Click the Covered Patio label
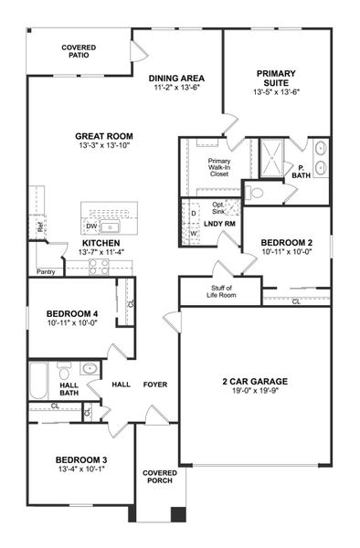coord(79,52)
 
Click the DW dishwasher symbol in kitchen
coord(91,226)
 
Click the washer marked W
coord(193,234)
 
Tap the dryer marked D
coord(193,213)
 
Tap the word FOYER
coord(154,385)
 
